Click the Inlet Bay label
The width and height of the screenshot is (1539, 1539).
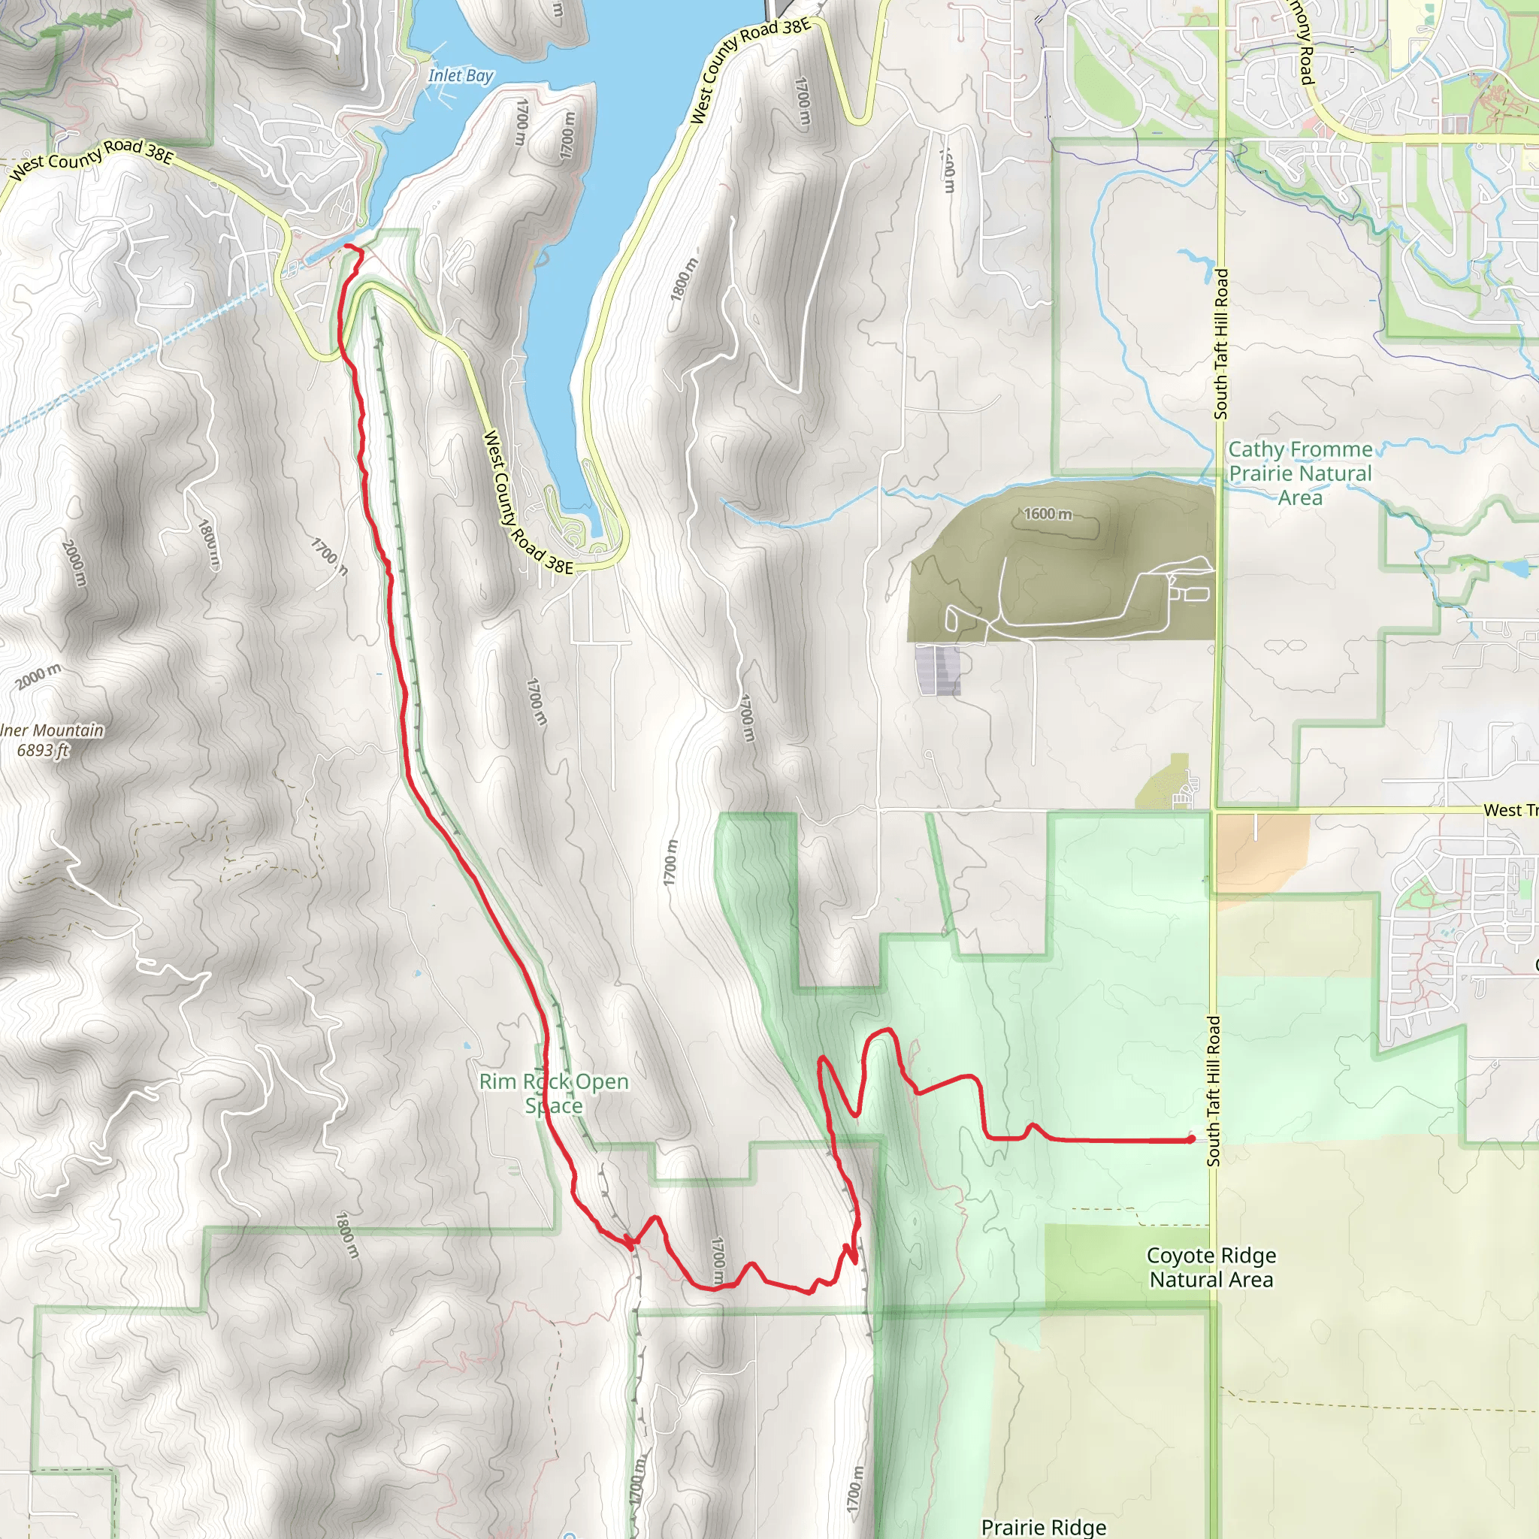click(461, 76)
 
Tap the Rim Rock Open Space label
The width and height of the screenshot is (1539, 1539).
click(554, 1093)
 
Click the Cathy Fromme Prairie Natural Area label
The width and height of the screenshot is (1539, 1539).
click(1300, 473)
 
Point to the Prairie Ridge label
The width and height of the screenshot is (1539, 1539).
click(1044, 1526)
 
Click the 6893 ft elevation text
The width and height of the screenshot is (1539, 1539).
click(44, 751)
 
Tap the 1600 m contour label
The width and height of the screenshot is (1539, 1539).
click(1048, 514)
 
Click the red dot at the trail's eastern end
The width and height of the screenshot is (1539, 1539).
click(1190, 1140)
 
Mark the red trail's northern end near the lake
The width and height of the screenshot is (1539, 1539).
click(348, 249)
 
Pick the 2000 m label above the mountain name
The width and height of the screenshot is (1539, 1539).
click(38, 676)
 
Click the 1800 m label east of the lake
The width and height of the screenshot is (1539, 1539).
click(684, 279)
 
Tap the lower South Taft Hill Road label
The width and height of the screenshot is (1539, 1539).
click(1213, 1091)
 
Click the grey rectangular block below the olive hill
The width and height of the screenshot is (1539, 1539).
click(939, 670)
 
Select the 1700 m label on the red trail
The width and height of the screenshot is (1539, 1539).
click(718, 1259)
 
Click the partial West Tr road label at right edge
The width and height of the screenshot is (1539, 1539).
click(1509, 810)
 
